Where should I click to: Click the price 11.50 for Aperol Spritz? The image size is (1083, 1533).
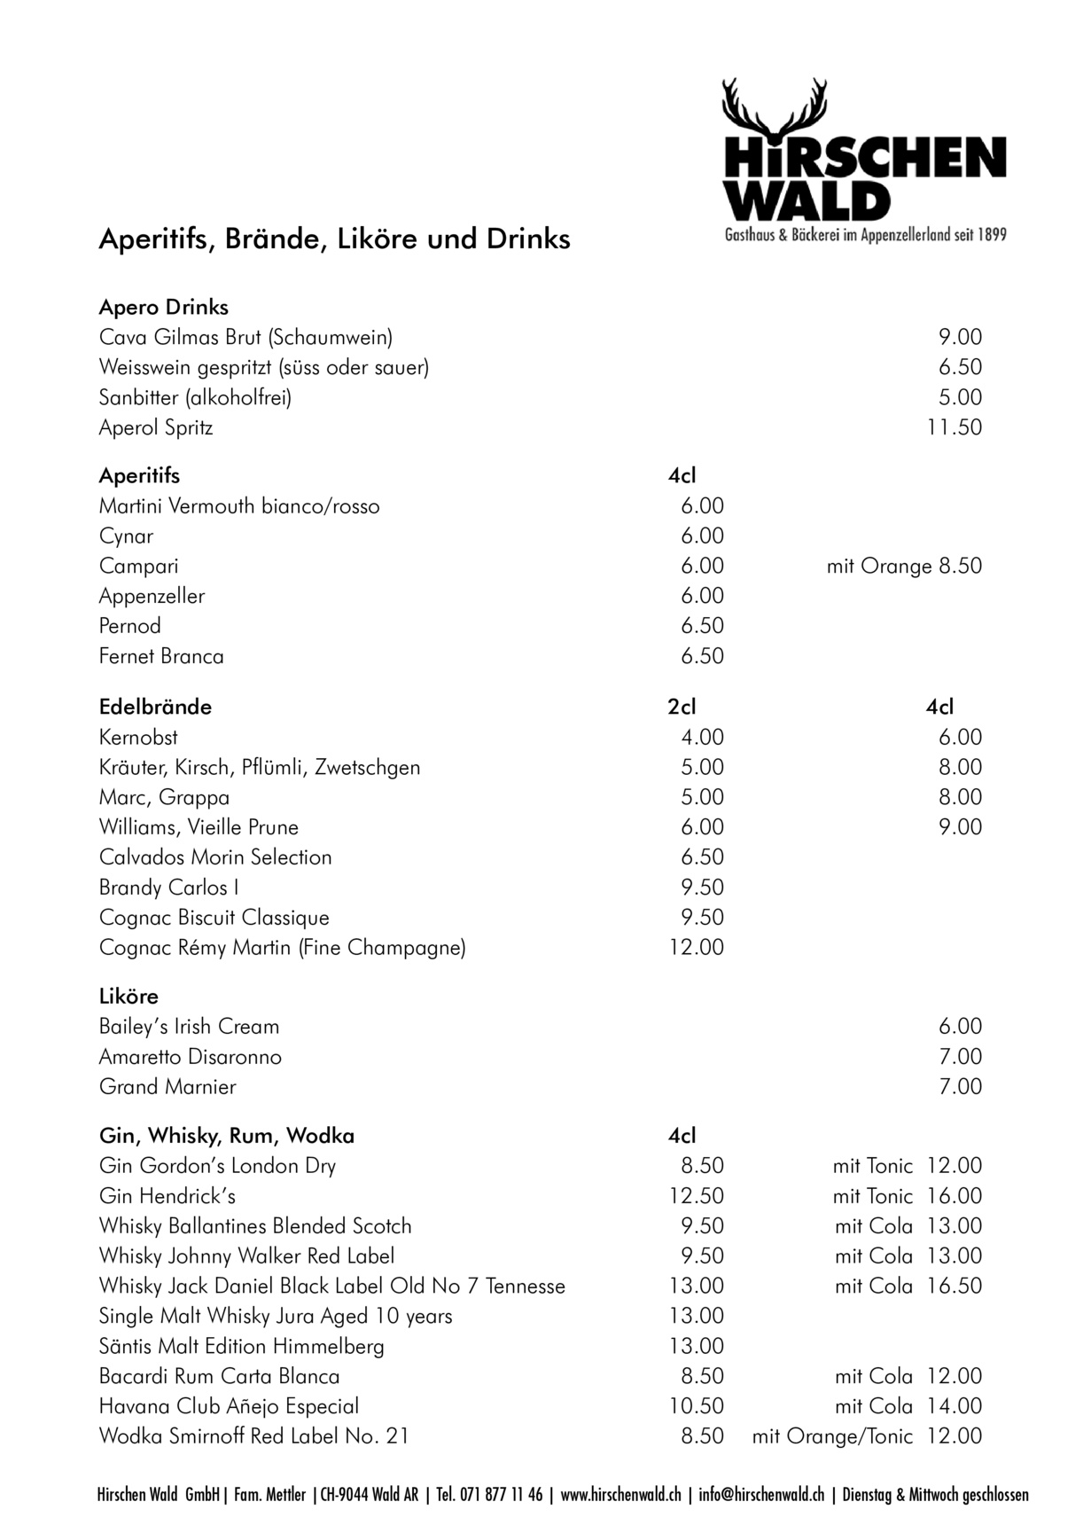(x=954, y=427)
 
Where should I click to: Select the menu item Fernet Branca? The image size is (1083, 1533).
(x=161, y=656)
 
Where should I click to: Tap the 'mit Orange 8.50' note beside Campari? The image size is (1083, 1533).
(x=904, y=566)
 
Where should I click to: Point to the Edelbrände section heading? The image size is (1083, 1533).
(x=155, y=707)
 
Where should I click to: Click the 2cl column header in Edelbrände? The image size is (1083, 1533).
(x=682, y=707)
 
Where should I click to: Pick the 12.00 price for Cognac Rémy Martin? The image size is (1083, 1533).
(x=696, y=947)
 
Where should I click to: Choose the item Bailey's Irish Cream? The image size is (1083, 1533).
(x=189, y=1027)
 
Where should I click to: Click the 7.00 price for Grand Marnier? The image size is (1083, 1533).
(x=961, y=1086)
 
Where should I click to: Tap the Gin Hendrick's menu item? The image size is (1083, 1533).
(x=168, y=1196)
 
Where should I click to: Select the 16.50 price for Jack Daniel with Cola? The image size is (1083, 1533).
(x=954, y=1286)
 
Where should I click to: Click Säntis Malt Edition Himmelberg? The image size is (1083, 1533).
(x=242, y=1346)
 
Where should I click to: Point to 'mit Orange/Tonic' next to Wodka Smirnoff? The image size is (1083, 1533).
(x=832, y=1436)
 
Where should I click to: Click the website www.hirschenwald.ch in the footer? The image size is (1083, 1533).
(x=620, y=1494)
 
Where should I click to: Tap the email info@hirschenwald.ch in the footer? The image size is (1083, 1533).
(x=761, y=1494)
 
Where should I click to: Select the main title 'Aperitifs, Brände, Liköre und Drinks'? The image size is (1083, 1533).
(x=334, y=239)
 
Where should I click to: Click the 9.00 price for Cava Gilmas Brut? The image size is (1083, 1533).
(x=961, y=337)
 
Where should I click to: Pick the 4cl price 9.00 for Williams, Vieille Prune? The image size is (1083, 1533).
(x=961, y=827)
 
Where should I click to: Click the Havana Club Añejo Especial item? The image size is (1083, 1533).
(x=230, y=1406)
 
